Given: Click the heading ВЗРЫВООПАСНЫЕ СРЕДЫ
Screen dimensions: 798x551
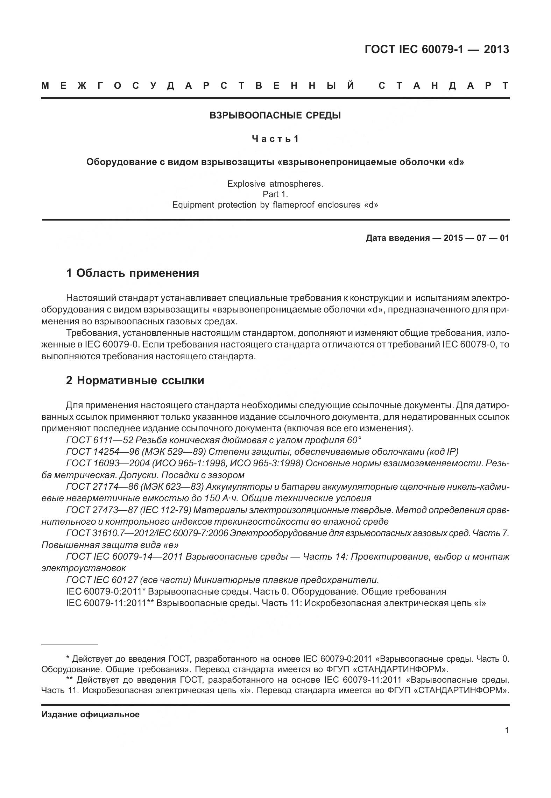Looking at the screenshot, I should (275, 115).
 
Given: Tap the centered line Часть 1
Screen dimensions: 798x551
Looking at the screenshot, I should (275, 139).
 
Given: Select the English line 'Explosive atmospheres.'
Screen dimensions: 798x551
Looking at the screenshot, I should (275, 184).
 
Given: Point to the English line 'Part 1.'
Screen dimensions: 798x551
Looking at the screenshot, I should (275, 194).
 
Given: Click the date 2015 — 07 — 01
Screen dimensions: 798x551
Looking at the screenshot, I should (476, 238).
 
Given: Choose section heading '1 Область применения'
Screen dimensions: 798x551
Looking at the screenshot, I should (133, 273).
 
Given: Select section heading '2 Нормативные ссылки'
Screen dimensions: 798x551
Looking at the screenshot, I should (135, 380).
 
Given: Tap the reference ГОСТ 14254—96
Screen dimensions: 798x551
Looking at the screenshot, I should (103, 452).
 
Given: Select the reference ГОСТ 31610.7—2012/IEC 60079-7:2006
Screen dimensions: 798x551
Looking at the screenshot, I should (147, 533).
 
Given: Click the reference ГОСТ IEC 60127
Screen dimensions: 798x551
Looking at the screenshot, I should (101, 580).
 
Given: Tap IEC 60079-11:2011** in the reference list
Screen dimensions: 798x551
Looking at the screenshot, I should (110, 603).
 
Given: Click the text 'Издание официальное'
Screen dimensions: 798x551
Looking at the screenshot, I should (90, 714).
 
